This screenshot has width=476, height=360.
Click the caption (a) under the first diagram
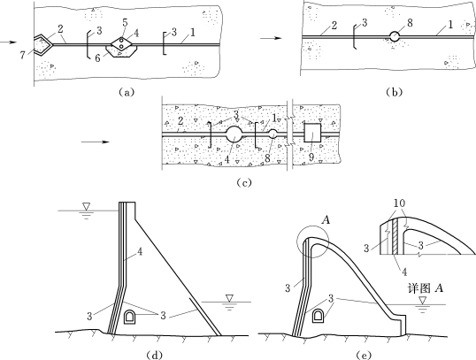click(126, 92)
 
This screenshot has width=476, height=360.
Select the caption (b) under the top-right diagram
click(395, 92)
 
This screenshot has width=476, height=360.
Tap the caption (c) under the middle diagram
click(244, 182)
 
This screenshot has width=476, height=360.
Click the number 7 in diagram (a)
click(23, 56)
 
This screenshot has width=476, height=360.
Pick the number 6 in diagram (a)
click(97, 58)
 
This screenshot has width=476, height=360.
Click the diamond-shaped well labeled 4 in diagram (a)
click(121, 43)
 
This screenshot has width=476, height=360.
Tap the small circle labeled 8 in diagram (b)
click(395, 37)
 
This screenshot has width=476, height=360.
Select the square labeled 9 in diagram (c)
click(312, 133)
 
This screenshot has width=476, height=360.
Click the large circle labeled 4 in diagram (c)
click(234, 134)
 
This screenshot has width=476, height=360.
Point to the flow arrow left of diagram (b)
click(271, 38)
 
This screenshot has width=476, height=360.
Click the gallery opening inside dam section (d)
click(130, 317)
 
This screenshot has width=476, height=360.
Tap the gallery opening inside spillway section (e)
click(319, 317)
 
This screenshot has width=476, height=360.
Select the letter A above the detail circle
click(326, 220)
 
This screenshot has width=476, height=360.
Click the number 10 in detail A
click(399, 203)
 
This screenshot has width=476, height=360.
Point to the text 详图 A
click(425, 288)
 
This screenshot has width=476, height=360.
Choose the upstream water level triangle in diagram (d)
click(87, 206)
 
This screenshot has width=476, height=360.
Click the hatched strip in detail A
click(395, 236)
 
